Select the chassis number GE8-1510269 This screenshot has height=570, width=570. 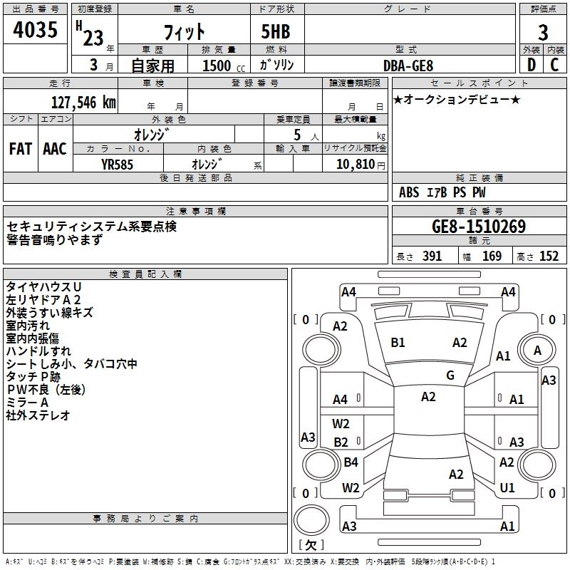[479, 227]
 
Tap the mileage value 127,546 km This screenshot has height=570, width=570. [84, 102]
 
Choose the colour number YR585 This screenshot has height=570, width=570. [117, 164]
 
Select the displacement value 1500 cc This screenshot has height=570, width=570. [217, 66]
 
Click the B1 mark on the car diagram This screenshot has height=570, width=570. [398, 343]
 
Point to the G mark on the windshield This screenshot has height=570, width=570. [450, 375]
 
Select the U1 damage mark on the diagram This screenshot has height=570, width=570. [507, 487]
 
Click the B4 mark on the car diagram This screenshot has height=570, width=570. [351, 462]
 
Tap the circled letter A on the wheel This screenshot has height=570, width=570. [537, 350]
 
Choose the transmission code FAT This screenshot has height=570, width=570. [20, 149]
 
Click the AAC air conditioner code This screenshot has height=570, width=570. [54, 149]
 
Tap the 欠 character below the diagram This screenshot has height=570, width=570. [310, 546]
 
